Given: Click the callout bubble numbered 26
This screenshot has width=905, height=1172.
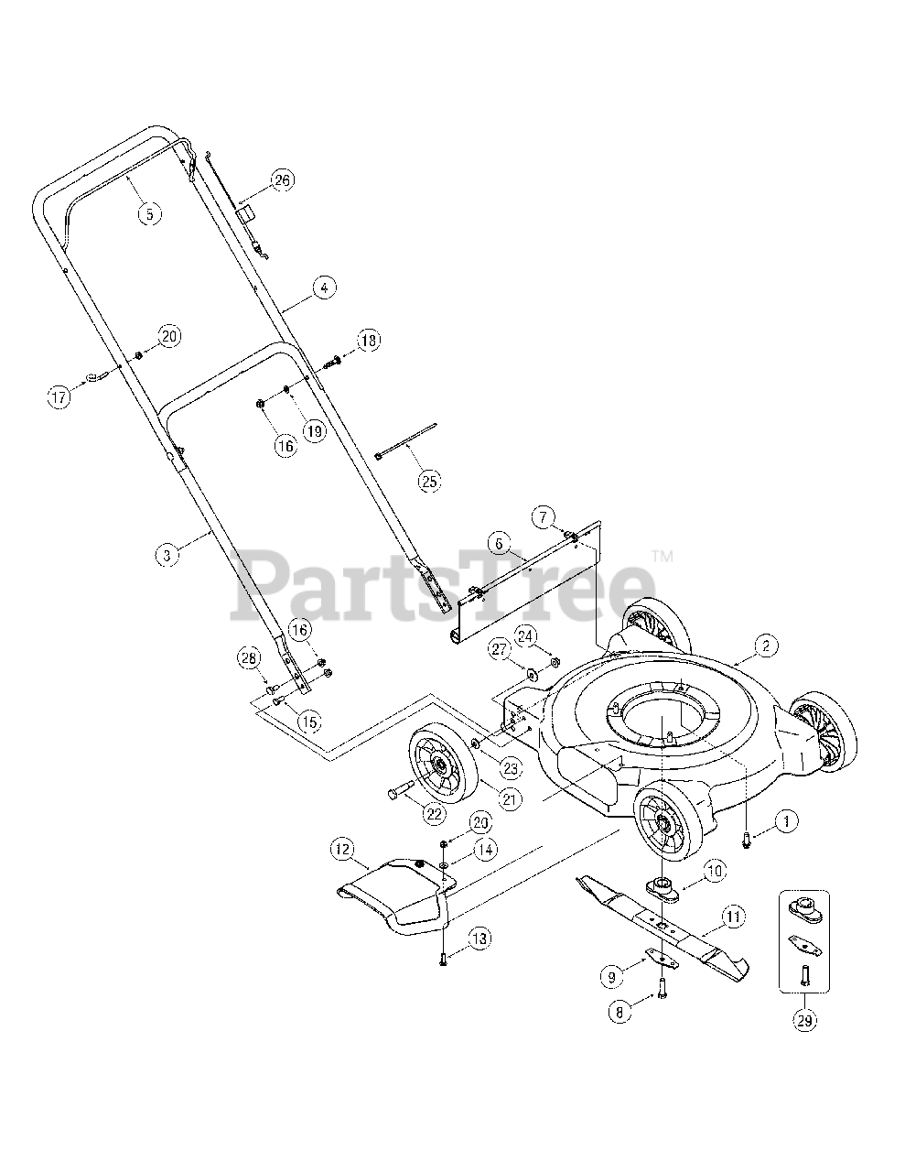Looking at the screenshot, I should pos(282,180).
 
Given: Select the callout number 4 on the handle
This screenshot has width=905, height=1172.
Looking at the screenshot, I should pos(322,288).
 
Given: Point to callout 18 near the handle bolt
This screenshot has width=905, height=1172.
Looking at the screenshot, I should pos(367,341).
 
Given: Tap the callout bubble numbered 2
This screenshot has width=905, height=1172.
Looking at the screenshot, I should pos(766,646).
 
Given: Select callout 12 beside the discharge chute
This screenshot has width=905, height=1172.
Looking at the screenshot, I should pos(342,850).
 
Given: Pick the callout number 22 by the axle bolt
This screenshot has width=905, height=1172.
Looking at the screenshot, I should pos(434,811).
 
